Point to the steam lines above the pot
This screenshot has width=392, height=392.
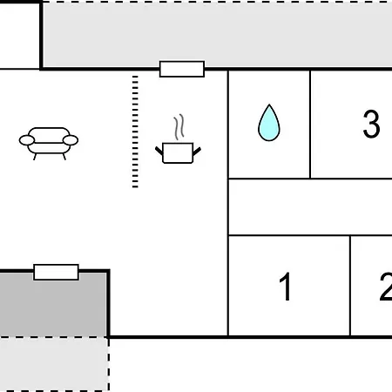[179, 127]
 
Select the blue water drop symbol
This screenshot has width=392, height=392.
[269, 123]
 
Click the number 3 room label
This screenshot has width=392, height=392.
[371, 124]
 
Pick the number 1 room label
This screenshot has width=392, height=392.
[286, 287]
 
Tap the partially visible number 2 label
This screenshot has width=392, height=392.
[386, 287]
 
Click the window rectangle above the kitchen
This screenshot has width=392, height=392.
[182, 69]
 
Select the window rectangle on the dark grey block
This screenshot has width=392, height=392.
[56, 272]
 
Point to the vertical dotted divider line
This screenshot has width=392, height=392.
[135, 132]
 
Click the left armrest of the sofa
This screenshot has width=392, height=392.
[27, 140]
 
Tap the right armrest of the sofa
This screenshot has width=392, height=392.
[71, 140]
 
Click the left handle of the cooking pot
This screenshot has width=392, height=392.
[159, 151]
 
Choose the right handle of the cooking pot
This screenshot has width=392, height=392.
[197, 152]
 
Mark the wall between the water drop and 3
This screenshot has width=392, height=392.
[310, 125]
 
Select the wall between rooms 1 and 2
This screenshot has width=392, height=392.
[350, 286]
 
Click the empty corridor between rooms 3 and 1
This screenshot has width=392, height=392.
[310, 206]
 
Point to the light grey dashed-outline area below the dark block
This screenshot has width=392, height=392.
[54, 364]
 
